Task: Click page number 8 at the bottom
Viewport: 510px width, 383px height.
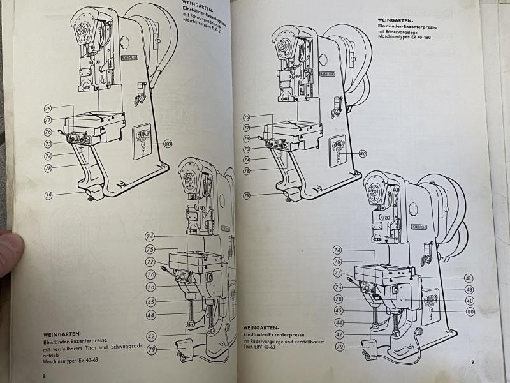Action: pyautogui.click(x=43, y=375)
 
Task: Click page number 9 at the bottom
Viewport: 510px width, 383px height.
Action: pyautogui.click(x=472, y=363)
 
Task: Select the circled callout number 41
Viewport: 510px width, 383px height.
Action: pyautogui.click(x=469, y=278)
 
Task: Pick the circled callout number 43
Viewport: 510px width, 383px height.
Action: pyautogui.click(x=469, y=290)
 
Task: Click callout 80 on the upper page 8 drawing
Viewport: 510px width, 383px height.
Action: pyautogui.click(x=168, y=144)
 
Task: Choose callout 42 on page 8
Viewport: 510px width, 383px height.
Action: pyautogui.click(x=152, y=336)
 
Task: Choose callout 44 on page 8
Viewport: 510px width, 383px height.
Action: pyautogui.click(x=152, y=315)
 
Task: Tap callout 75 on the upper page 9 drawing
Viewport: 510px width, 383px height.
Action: pyautogui.click(x=246, y=117)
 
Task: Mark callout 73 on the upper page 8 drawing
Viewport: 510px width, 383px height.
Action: pyautogui.click(x=48, y=144)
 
